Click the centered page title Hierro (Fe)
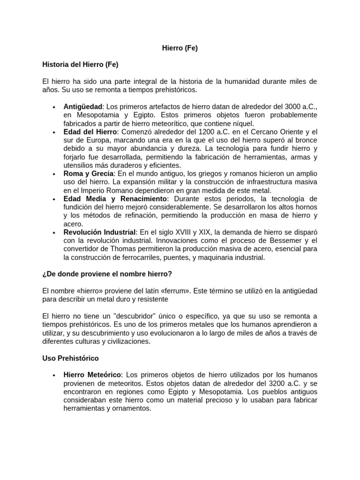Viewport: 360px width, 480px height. [180, 48]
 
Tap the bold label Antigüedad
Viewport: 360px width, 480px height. [82, 107]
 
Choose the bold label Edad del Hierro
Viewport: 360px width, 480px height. [90, 132]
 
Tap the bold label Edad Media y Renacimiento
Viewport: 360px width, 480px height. [115, 199]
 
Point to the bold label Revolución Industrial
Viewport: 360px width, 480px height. [99, 232]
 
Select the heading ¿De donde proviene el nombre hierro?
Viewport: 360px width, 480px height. [110, 274]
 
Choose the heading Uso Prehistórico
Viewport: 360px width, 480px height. [70, 358]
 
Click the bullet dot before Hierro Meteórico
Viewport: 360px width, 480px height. [55, 375]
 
